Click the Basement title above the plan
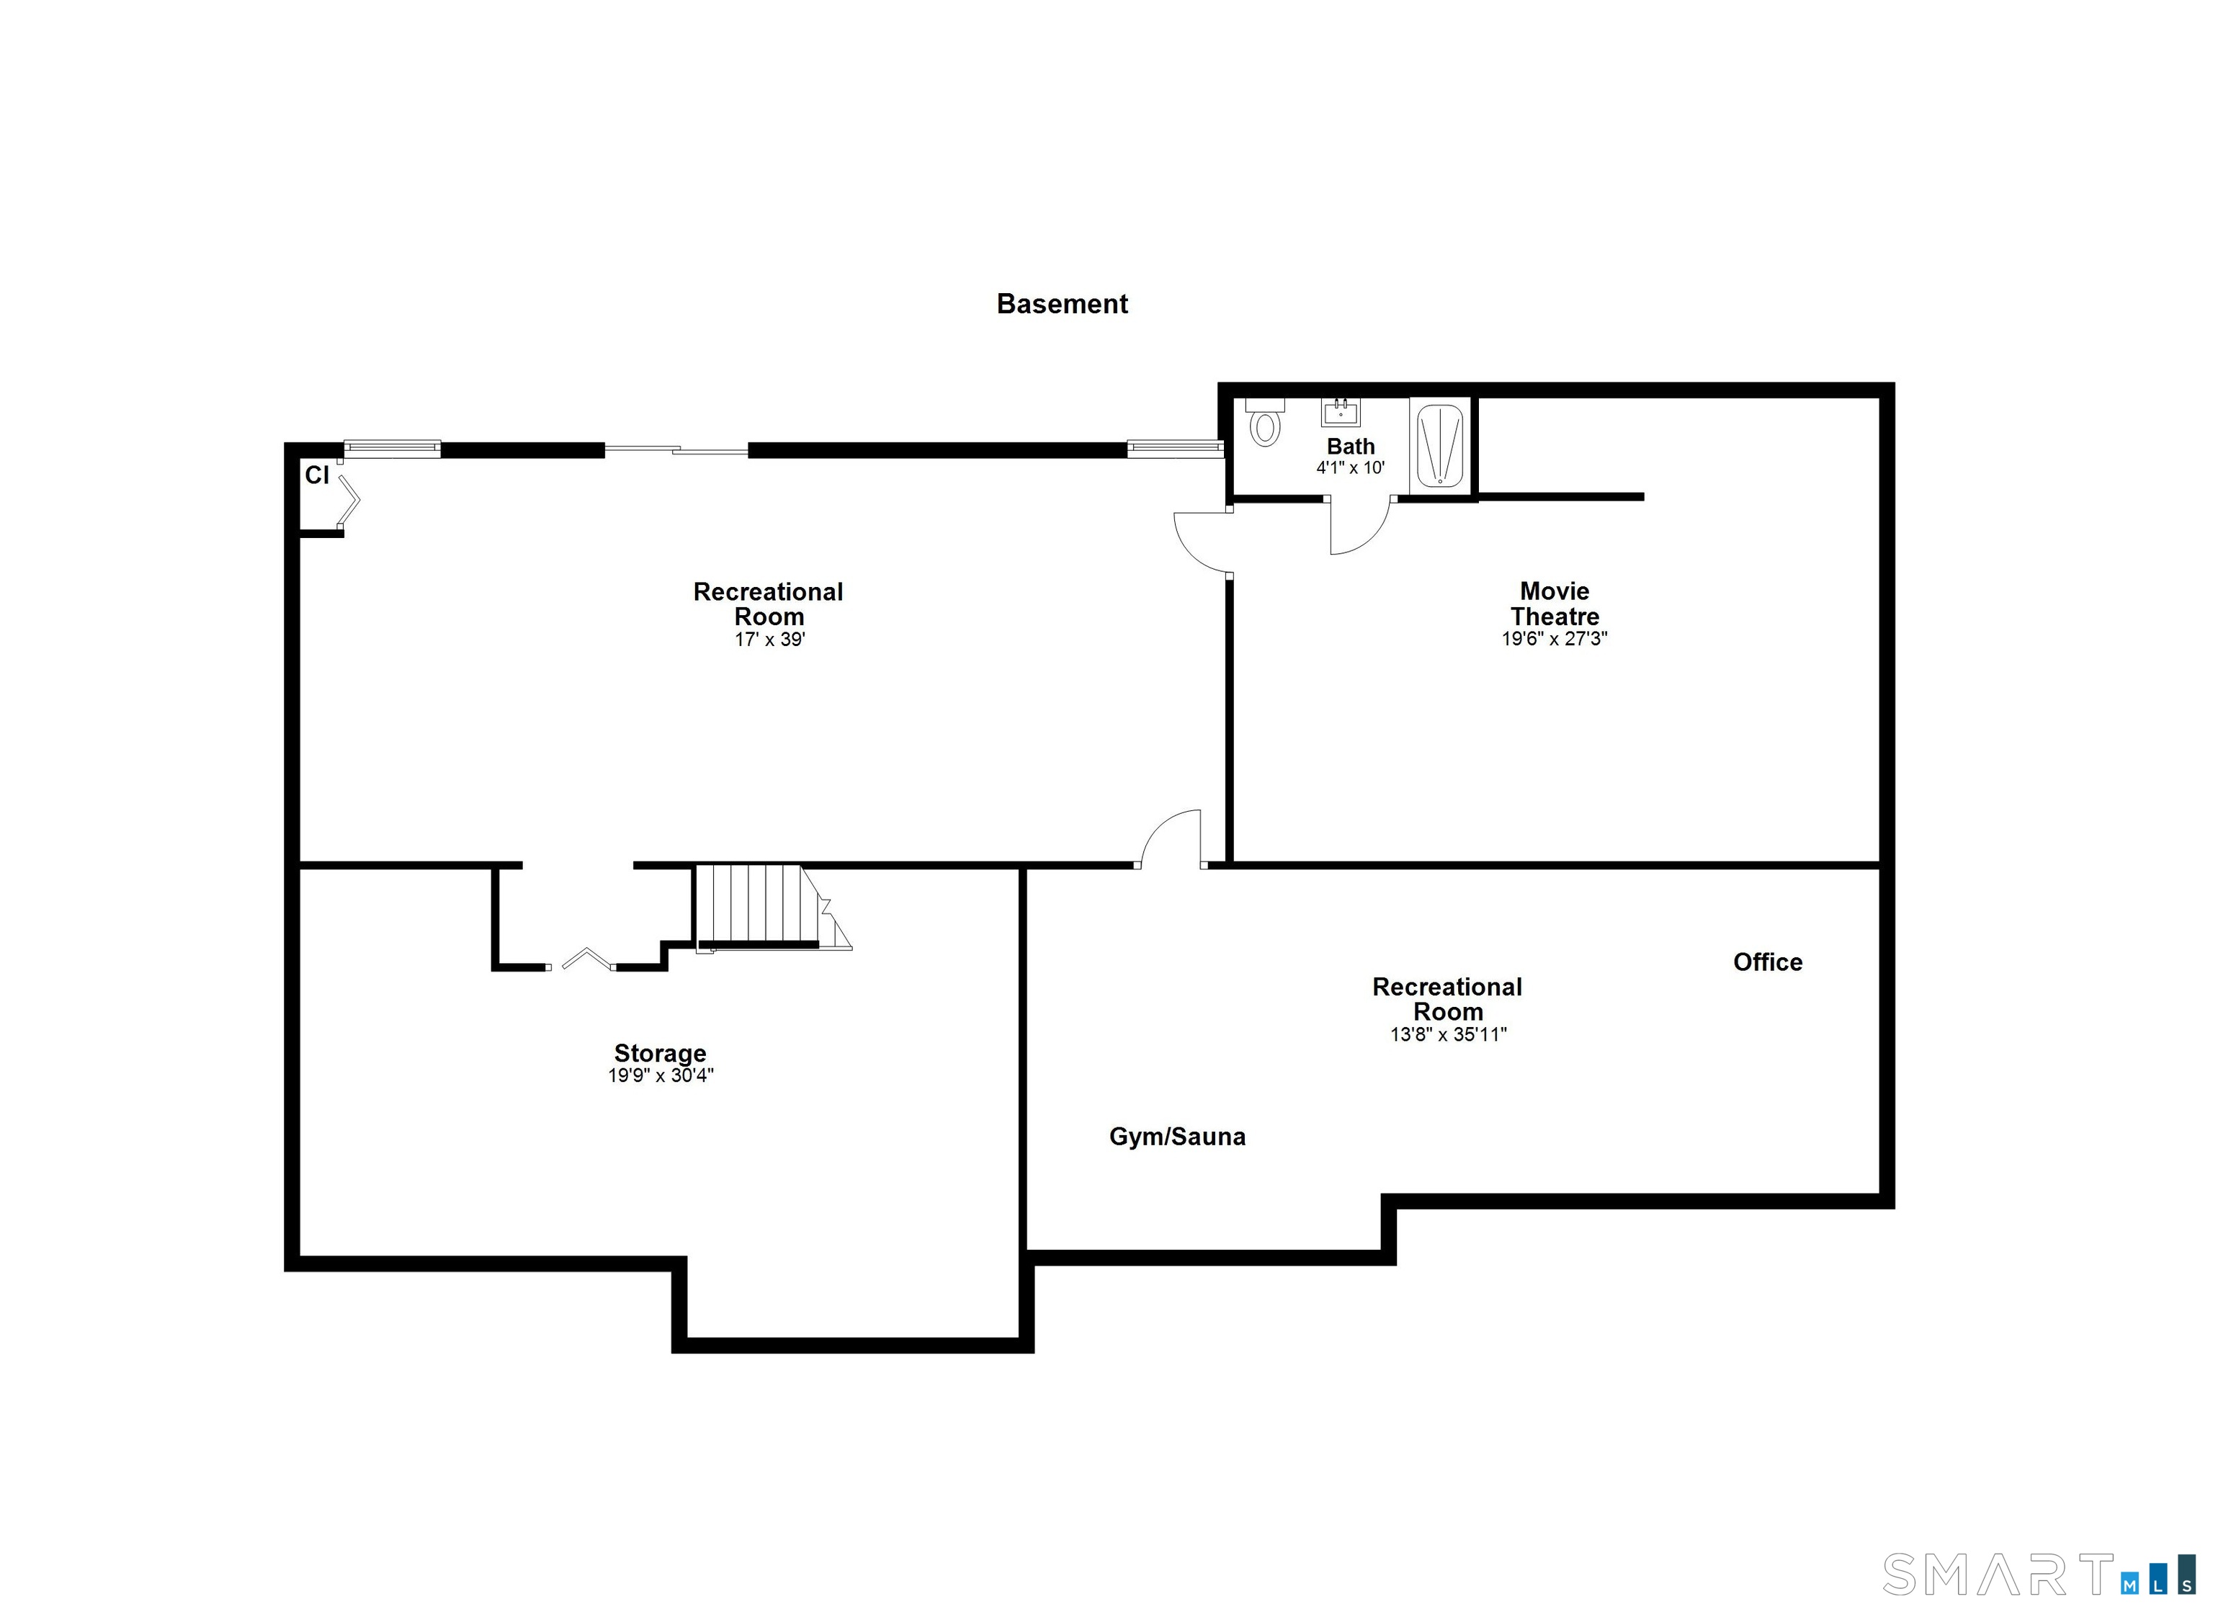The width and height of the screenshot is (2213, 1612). [x=1062, y=305]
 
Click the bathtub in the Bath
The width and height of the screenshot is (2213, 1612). [x=1440, y=447]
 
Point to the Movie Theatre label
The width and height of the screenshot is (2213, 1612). [x=1555, y=604]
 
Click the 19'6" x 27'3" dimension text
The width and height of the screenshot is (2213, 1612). [x=1555, y=639]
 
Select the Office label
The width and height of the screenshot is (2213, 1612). [x=1767, y=962]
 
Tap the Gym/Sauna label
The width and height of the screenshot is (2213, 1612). [x=1177, y=1137]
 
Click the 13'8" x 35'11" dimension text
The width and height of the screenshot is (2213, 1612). [x=1448, y=1034]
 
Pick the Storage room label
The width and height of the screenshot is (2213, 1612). [x=660, y=1053]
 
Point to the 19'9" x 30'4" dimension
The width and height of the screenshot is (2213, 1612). [x=661, y=1075]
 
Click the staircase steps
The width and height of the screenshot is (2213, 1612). [x=756, y=905]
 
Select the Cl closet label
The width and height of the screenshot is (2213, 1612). [x=317, y=475]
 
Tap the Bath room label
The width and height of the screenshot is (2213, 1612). [x=1351, y=446]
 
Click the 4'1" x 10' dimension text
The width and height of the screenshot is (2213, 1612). [x=1351, y=468]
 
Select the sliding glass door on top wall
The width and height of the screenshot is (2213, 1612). [x=676, y=450]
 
